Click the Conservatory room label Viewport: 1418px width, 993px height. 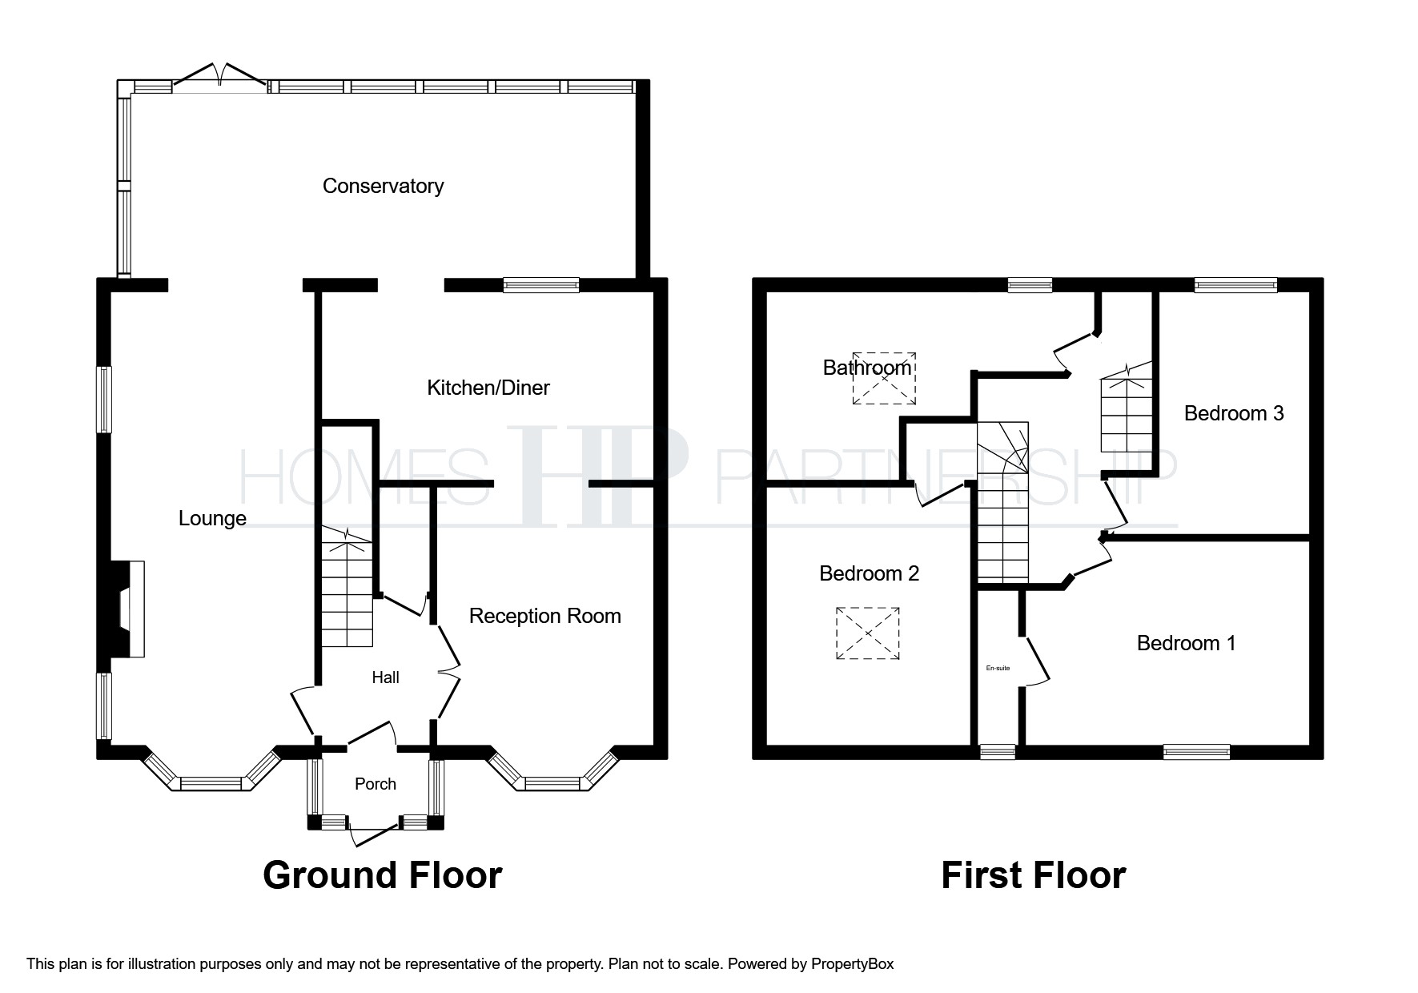click(x=383, y=186)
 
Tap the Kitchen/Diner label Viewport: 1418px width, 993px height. click(x=488, y=388)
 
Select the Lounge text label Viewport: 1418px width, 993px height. click(x=212, y=519)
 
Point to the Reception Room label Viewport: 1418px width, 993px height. click(x=544, y=616)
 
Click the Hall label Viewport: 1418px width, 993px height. click(x=385, y=677)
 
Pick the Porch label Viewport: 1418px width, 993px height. click(x=376, y=784)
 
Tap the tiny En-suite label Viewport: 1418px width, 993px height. click(x=998, y=668)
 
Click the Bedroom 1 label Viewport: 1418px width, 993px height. click(x=1186, y=643)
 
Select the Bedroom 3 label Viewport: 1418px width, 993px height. click(x=1234, y=413)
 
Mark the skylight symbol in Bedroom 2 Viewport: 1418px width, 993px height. click(x=868, y=633)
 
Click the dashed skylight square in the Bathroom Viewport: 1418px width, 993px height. click(x=884, y=378)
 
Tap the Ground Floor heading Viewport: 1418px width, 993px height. click(x=383, y=875)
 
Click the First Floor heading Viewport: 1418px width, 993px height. click(x=1034, y=875)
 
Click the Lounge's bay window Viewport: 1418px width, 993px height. click(x=211, y=771)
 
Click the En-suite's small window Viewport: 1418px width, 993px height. click(x=998, y=751)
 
